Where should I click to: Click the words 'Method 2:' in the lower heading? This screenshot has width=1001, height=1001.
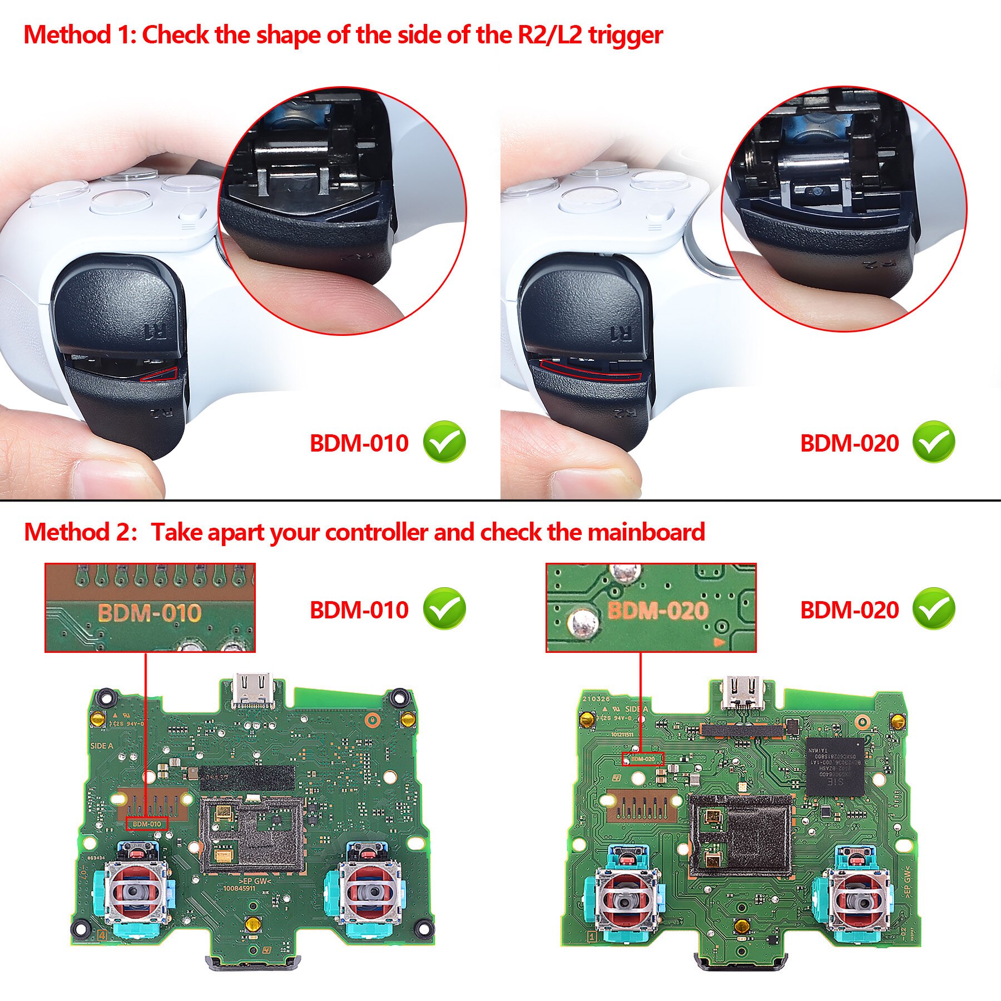tap(81, 532)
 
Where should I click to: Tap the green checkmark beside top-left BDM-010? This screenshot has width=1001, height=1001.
tap(444, 442)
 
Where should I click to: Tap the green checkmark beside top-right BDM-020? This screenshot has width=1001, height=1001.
tap(934, 442)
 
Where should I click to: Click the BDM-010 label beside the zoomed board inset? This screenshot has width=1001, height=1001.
tap(359, 610)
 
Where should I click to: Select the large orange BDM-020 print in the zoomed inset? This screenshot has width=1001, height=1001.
tap(657, 611)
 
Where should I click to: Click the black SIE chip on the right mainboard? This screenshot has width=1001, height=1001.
tap(836, 766)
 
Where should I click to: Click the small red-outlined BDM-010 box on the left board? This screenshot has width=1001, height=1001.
tap(147, 824)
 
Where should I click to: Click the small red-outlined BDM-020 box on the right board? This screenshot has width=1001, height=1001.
tap(644, 759)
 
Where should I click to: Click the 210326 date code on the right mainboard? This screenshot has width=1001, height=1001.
tap(596, 699)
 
